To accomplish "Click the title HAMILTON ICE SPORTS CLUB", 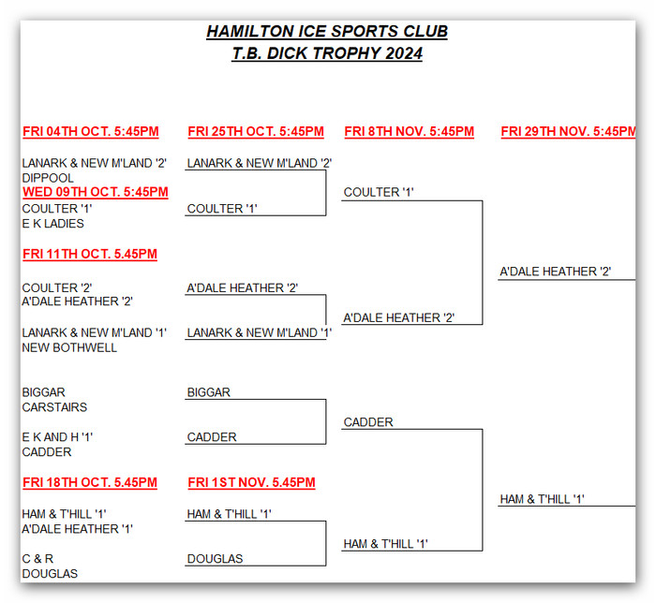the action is tap(327, 32).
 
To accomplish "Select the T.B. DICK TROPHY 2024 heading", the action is tap(327, 53).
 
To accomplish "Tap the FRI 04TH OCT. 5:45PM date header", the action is tap(90, 132).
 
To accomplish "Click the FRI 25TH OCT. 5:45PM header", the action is tap(256, 132).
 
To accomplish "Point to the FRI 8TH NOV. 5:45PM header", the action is tap(410, 132).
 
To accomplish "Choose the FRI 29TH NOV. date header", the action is tap(568, 132).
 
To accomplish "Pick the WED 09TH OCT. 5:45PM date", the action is tap(95, 192).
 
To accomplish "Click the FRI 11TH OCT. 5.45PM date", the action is tap(89, 254).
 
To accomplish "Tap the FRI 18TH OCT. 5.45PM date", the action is tap(89, 483).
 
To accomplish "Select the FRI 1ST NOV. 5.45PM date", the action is tap(251, 483).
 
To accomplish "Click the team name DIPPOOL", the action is tap(48, 178).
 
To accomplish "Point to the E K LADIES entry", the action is tap(52, 224).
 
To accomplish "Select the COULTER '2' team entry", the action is tap(57, 287).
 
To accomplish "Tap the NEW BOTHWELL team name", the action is tap(69, 347).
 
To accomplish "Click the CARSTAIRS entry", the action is tap(54, 407).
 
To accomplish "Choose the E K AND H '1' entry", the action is tap(58, 437).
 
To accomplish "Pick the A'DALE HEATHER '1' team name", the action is tap(77, 529).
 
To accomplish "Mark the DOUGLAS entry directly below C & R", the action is tap(50, 574).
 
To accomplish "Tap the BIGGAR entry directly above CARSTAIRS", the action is tap(43, 392).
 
